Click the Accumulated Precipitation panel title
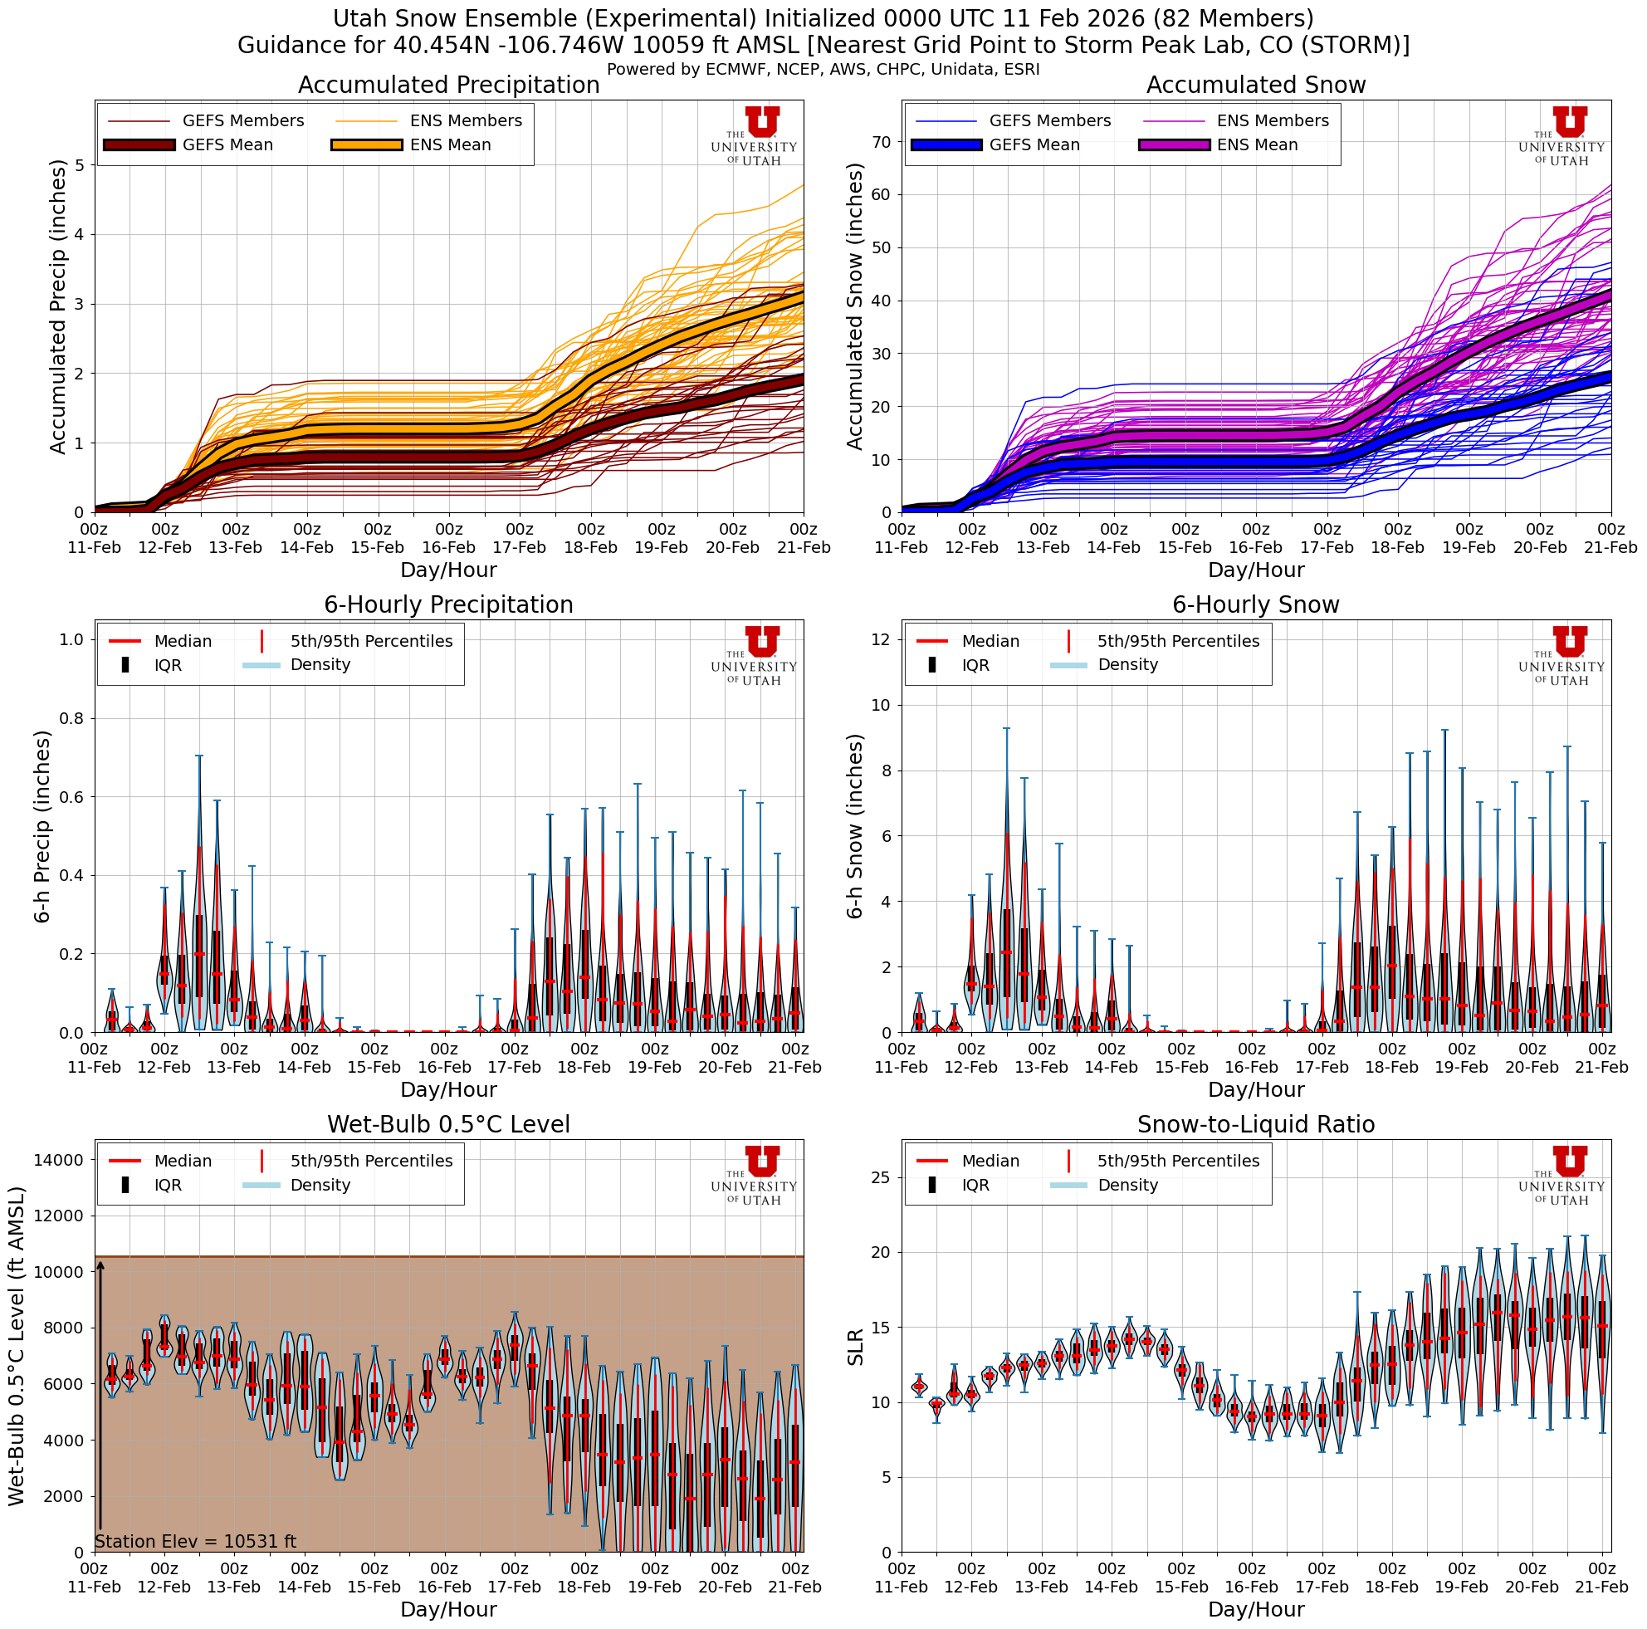tap(448, 86)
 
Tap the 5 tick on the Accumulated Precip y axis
tap(80, 165)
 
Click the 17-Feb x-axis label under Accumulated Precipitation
tap(519, 540)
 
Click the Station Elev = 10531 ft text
tap(195, 1541)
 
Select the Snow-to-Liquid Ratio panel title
tap(1256, 1124)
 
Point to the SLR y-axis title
tap(856, 1347)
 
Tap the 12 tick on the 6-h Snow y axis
tap(882, 639)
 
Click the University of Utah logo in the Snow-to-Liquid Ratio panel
tap(1561, 1175)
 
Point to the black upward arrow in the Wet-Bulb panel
tap(100, 1398)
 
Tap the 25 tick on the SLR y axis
tap(882, 1177)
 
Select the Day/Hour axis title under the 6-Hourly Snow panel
tap(1256, 1089)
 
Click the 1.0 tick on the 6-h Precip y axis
tap(71, 639)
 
